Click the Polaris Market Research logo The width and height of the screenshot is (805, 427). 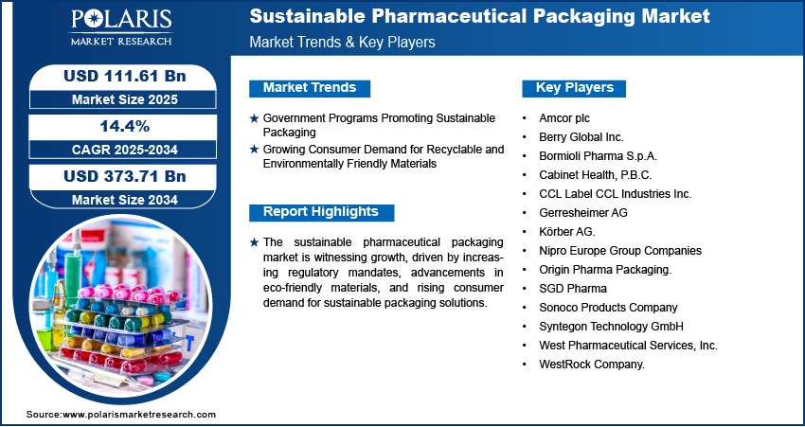121,27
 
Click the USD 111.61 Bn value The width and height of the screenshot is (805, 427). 125,77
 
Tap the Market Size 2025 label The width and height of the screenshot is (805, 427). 125,99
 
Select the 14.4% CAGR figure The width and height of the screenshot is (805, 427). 124,127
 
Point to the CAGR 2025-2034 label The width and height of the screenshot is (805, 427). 125,150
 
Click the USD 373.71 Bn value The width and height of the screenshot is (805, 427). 125,176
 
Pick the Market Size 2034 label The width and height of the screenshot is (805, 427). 125,200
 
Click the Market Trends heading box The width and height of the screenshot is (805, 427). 310,88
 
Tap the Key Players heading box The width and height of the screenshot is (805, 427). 574,88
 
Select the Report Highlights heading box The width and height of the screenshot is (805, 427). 321,212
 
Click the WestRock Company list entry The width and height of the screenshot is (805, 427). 591,365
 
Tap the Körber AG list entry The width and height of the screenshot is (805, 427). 567,231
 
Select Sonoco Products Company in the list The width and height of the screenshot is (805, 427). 608,308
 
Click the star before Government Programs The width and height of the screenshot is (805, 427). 254,118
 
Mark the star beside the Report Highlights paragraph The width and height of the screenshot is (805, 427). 254,242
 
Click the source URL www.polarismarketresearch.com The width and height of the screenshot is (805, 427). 139,415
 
